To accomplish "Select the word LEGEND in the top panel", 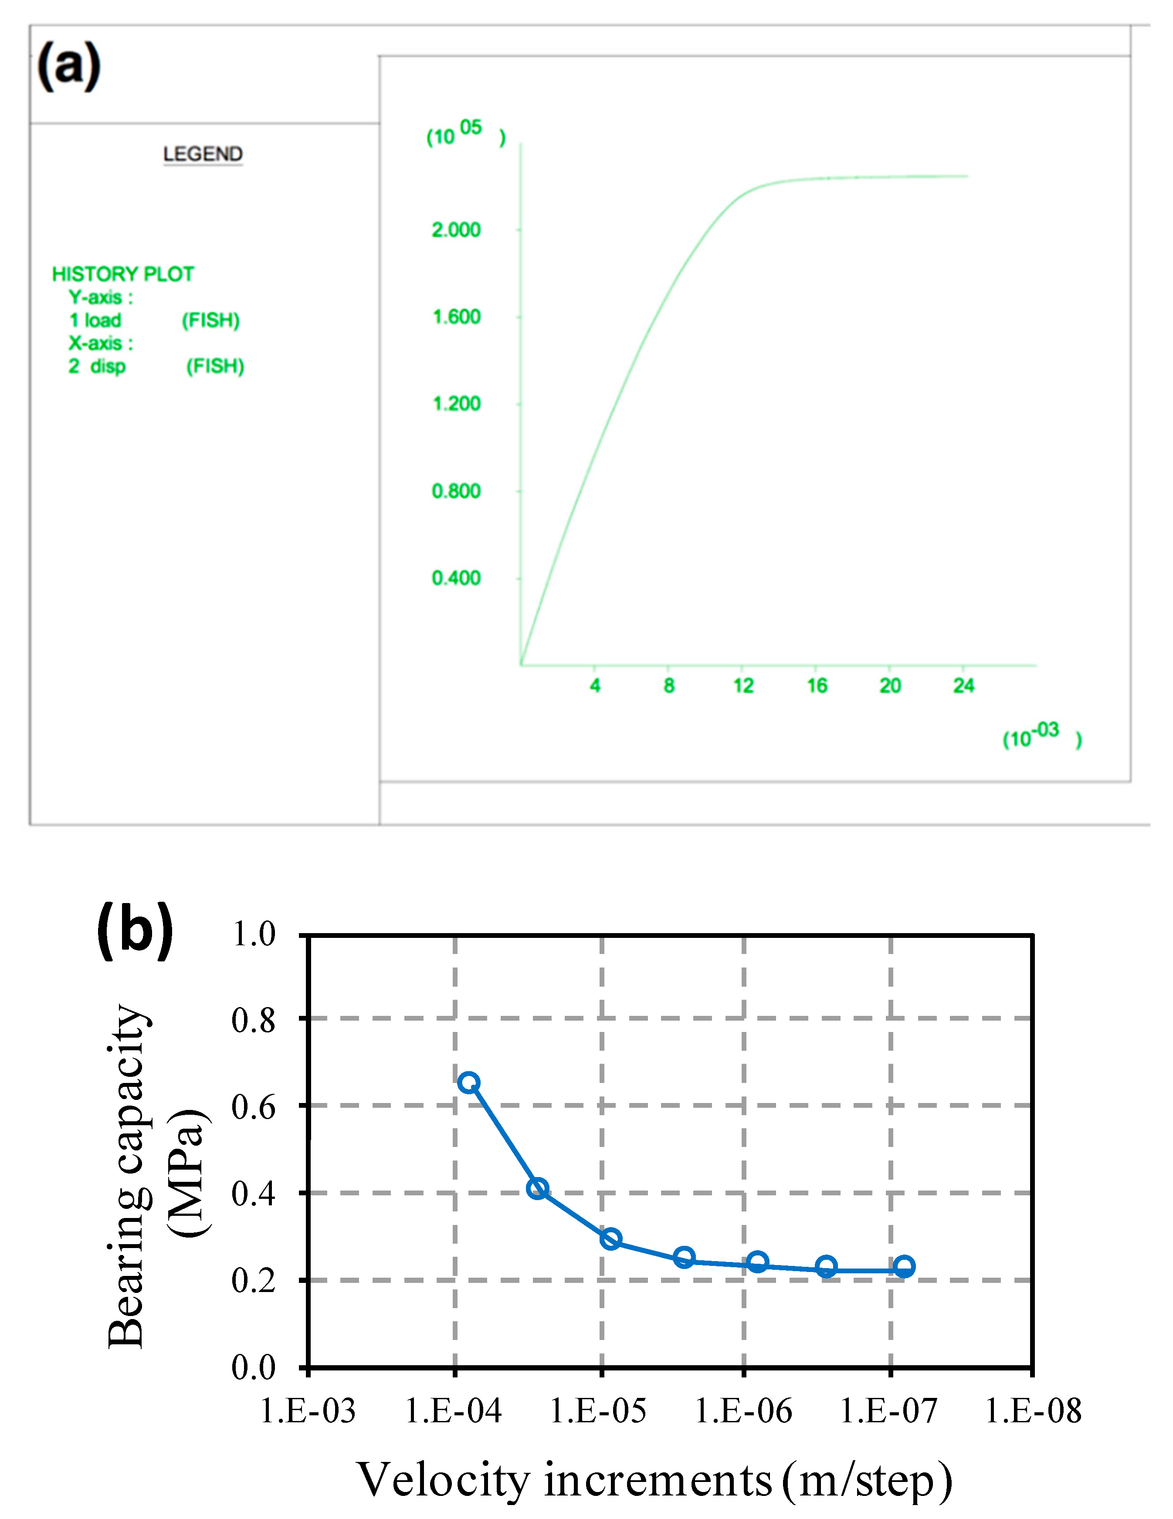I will (203, 154).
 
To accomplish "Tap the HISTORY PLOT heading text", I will (123, 274).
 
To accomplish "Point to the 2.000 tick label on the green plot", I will (456, 230).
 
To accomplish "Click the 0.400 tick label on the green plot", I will (456, 578).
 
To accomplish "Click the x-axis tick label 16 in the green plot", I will (817, 686).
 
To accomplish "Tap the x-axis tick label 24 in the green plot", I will (963, 686).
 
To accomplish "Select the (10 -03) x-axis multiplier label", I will (1041, 735).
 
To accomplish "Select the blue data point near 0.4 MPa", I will (537, 1189).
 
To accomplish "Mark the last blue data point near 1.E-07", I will (904, 1266).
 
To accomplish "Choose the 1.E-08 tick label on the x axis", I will (1033, 1411).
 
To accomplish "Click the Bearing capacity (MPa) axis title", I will (156, 1175).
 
